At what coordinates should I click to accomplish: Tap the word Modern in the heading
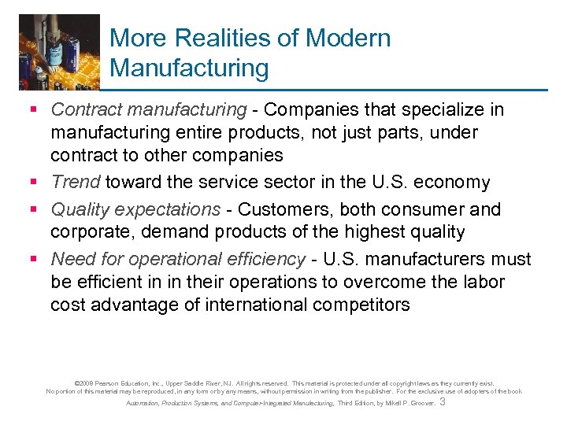click(x=351, y=38)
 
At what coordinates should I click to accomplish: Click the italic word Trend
click(x=76, y=183)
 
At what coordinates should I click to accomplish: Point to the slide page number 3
click(x=443, y=402)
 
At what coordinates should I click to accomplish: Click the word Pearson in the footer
click(x=113, y=383)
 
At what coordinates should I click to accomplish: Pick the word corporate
click(x=87, y=231)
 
